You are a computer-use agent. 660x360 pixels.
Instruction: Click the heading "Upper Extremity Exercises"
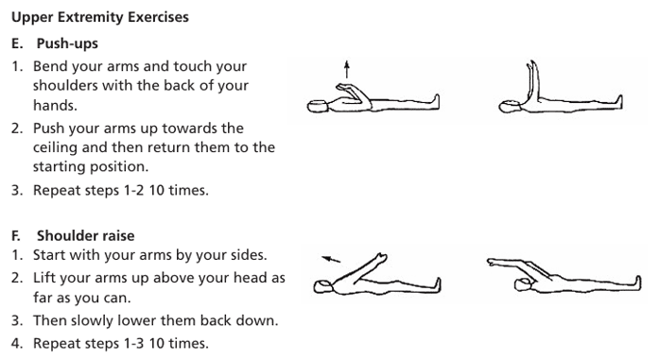pos(100,18)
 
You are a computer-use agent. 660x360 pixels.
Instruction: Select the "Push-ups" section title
pos(67,43)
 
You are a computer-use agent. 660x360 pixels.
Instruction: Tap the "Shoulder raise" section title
pos(85,235)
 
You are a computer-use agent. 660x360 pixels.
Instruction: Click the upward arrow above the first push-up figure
pos(347,69)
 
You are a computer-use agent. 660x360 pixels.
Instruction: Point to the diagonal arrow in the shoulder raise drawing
pos(331,259)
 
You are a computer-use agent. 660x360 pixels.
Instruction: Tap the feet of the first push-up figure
pos(436,102)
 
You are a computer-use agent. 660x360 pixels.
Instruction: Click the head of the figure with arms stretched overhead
pos(525,284)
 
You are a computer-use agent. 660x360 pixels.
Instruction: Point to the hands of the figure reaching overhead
pos(491,262)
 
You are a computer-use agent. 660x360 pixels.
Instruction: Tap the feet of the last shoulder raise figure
pos(637,283)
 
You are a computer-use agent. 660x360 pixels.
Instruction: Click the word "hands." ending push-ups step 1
pos(55,105)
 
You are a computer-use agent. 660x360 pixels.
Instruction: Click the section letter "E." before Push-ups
pos(17,43)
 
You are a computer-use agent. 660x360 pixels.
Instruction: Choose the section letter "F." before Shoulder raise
pos(16,235)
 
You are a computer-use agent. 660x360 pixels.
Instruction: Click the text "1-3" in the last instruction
pos(134,343)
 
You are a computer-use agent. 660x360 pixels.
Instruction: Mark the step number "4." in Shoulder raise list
pos(17,343)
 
